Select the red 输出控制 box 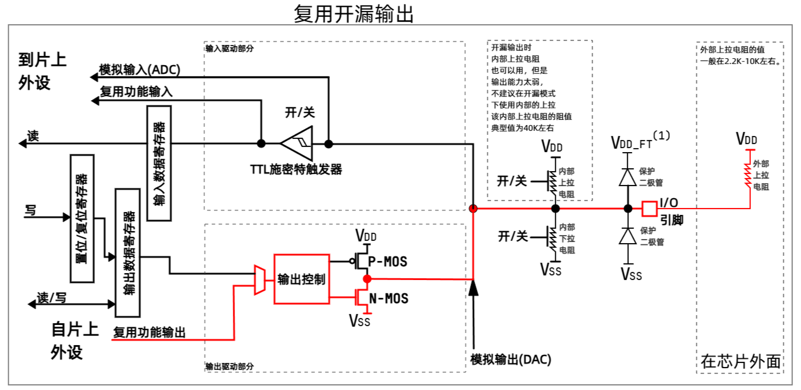(302, 279)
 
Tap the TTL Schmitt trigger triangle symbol (296, 143)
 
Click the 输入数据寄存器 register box (159, 163)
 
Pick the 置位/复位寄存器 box (82, 218)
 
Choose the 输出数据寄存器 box (128, 252)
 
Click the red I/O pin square (650, 209)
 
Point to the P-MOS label (388, 262)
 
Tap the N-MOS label (388, 298)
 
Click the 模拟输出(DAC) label (511, 359)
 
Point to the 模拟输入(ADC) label (140, 70)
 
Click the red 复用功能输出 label (149, 332)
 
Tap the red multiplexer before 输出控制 (260, 279)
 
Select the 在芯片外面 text (741, 361)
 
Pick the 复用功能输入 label (136, 91)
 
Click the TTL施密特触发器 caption (296, 169)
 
